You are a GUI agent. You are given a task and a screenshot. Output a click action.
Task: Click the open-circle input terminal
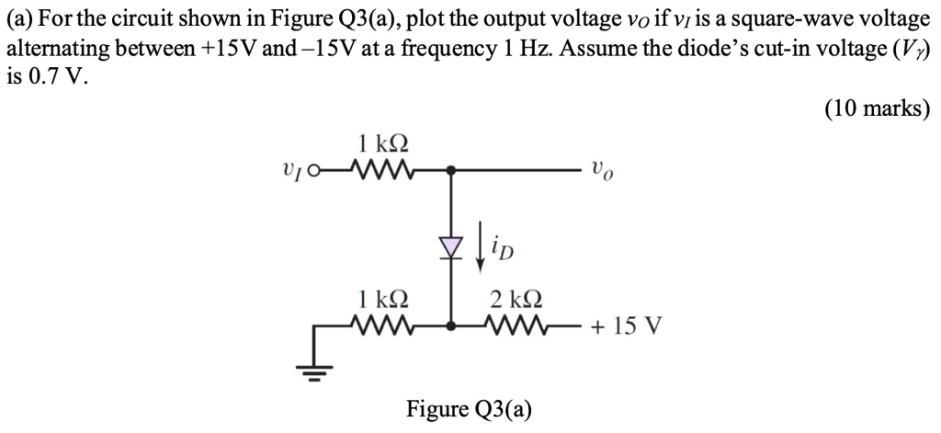[x=315, y=170]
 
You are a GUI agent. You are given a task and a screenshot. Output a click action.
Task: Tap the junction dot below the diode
[x=450, y=325]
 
